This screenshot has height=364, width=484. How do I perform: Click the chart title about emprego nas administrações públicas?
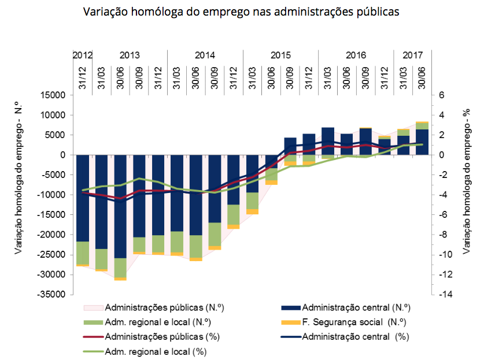pos(241,12)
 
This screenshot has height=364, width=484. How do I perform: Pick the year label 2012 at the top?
pos(83,55)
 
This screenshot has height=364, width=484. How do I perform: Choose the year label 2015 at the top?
pos(280,55)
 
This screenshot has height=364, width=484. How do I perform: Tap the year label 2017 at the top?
pos(412,55)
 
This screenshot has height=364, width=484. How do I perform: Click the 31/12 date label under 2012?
pos(83,77)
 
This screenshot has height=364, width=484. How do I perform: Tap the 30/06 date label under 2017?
pos(422,77)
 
